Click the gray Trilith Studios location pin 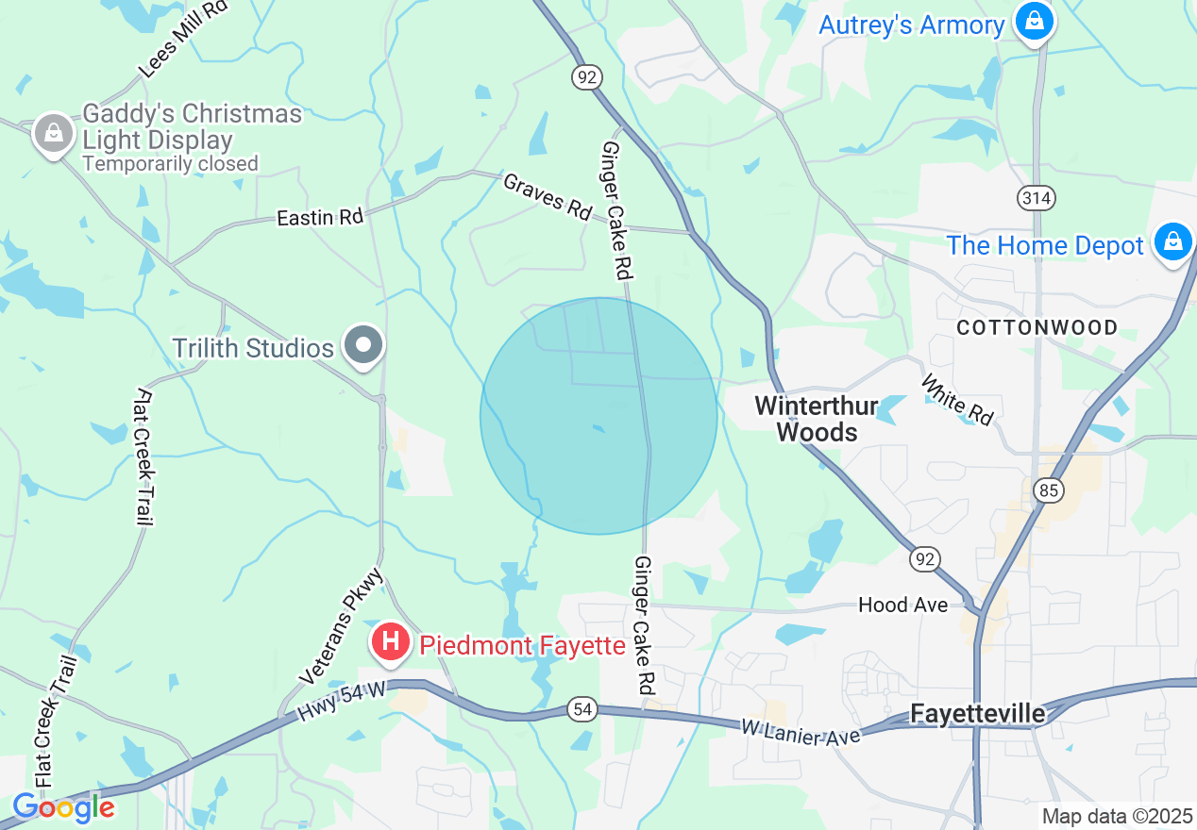tap(363, 346)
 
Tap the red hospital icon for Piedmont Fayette tap(391, 643)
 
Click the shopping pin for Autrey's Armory tap(1034, 21)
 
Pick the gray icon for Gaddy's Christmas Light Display tap(54, 134)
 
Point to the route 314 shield tap(1037, 198)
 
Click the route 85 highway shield tap(1048, 490)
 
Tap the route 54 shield tap(582, 709)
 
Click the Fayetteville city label tap(977, 714)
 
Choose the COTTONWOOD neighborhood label tap(1037, 328)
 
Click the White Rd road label tap(957, 401)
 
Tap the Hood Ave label tap(902, 605)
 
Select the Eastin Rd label tap(320, 217)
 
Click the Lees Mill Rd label tap(182, 41)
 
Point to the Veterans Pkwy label tap(342, 626)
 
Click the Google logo tap(63, 808)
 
